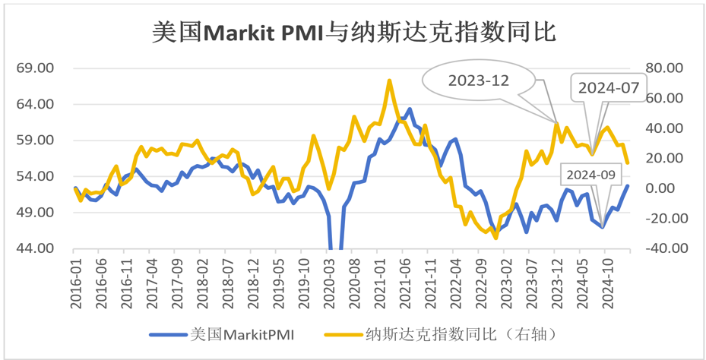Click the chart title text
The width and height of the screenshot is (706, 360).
coord(353,32)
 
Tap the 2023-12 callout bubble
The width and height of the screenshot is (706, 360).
coord(477,81)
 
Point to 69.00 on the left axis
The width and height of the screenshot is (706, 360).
coord(35,68)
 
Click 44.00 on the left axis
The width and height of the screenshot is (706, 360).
coord(35,248)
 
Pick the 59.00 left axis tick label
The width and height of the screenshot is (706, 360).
coord(35,141)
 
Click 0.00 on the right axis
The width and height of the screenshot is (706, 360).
coord(667,188)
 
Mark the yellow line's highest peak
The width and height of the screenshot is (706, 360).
coord(389,80)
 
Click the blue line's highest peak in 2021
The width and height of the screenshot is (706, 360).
coord(410,109)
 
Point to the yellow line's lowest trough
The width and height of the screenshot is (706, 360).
coord(496,238)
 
